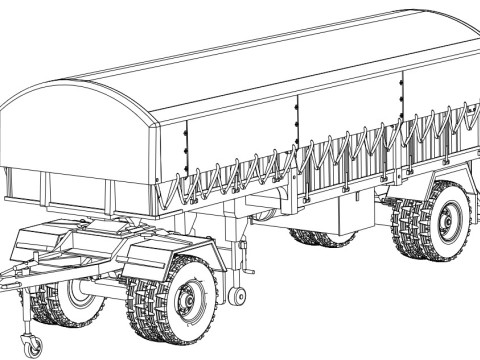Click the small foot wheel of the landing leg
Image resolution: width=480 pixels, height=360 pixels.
237,296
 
